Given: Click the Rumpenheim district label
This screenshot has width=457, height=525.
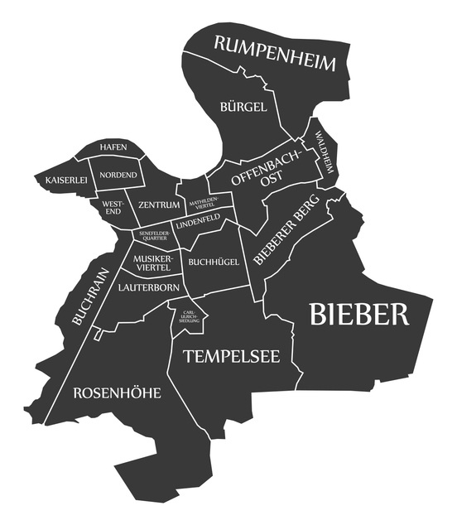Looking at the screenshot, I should coord(276,53).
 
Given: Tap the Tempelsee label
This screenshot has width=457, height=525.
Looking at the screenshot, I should coord(231,356).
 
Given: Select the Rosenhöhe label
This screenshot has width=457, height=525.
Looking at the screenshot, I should coord(117,393).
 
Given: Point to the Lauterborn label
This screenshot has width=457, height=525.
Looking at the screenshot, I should coord(148,287).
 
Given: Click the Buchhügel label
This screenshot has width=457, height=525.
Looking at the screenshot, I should coord(214,262).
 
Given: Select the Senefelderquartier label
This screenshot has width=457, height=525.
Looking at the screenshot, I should coord(152,237).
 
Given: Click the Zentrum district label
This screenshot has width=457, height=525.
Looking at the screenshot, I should coord(159,205).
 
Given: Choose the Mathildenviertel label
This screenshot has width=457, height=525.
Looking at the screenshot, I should coord(204,203).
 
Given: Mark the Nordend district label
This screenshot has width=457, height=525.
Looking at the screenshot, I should coord(118,175).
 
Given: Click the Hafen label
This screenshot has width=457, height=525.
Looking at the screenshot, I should coord(113,147).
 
